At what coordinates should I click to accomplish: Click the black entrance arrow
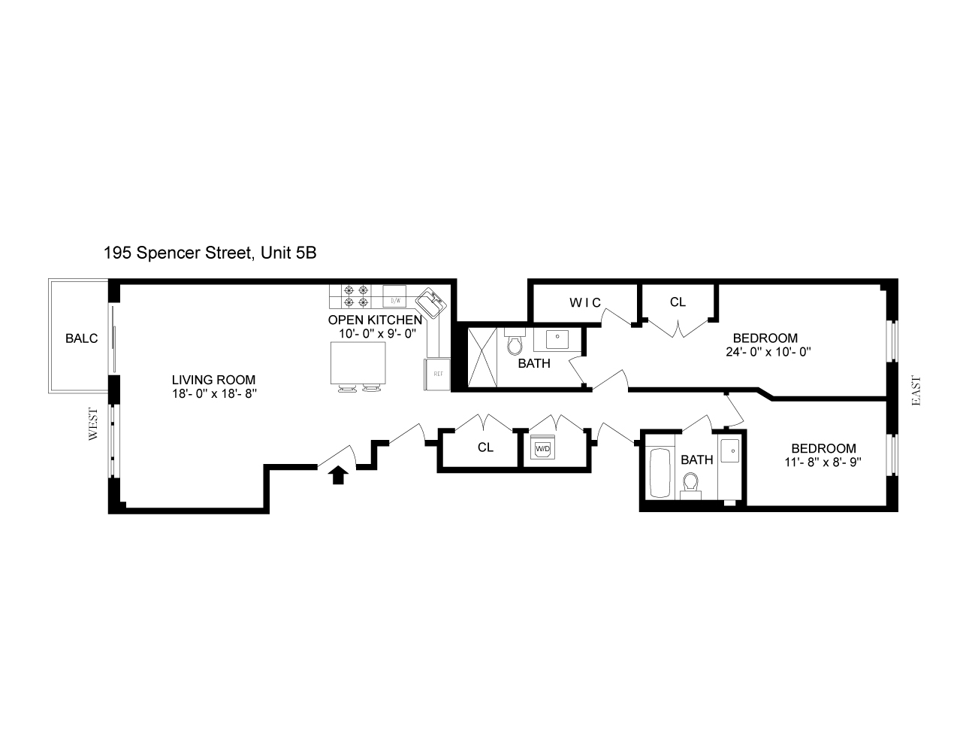(338, 475)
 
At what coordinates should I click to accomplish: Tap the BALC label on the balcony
(81, 338)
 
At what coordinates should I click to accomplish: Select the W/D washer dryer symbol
(542, 449)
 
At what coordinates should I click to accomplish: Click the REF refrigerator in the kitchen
(436, 374)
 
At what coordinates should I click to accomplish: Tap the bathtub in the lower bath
(660, 474)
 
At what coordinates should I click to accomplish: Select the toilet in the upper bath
(515, 344)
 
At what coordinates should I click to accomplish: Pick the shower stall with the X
(483, 357)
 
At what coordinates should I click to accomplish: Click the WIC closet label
(584, 302)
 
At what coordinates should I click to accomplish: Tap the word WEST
(94, 425)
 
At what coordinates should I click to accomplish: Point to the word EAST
(916, 391)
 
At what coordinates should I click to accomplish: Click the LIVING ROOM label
(213, 380)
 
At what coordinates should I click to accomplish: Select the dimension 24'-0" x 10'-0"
(765, 351)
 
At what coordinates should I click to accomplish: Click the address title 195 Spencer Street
(210, 253)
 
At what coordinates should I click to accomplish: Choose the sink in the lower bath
(730, 451)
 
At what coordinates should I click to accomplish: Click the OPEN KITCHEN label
(375, 320)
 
